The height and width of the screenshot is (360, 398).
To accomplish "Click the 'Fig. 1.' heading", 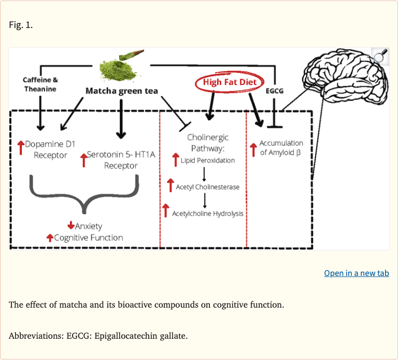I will [21, 25].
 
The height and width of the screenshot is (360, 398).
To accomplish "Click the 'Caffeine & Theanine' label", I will [40, 84].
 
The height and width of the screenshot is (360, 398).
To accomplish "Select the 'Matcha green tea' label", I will [121, 91].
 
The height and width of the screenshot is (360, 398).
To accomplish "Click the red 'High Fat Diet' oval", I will [229, 82].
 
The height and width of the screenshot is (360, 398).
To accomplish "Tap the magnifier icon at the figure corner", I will [380, 56].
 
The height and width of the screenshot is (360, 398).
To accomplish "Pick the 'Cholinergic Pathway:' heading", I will [207, 143].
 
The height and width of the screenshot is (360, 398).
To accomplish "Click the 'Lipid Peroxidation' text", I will [207, 160].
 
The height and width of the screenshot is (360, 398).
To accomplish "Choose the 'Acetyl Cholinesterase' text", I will [207, 187].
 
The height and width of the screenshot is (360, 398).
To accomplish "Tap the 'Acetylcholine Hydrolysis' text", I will [207, 213].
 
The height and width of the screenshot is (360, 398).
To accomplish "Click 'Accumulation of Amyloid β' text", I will [281, 148].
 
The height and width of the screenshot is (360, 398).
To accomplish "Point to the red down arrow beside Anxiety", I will [71, 226].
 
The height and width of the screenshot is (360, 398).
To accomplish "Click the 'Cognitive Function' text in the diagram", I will [88, 238].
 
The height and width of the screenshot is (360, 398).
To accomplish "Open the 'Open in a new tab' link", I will [356, 273].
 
